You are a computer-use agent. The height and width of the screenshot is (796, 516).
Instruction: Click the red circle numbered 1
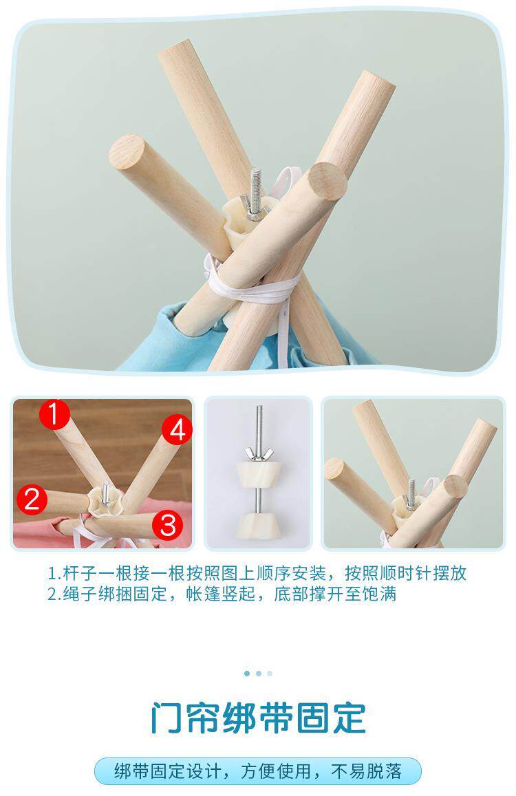pos(54,414)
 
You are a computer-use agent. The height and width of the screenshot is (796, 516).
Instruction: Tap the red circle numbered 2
pos(32,499)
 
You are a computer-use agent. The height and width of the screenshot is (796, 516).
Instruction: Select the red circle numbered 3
pos(168,526)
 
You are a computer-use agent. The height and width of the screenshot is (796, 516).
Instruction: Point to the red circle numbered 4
pos(178,431)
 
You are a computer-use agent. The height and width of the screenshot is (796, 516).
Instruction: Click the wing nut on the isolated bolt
pos(259,452)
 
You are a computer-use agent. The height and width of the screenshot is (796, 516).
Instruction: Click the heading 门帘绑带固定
pos(258,718)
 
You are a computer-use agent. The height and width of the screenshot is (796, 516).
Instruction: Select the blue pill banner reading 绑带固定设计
pos(258,771)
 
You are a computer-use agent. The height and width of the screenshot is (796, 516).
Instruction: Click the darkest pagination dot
pos(247,673)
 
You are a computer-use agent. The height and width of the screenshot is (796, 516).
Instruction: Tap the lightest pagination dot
pos(270,673)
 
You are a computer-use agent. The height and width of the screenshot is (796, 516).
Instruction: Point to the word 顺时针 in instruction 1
pos(405,573)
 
